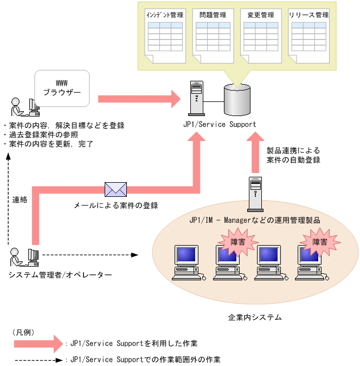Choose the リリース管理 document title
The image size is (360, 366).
(x=308, y=15)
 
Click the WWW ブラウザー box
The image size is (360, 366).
(x=61, y=88)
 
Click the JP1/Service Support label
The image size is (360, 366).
(x=219, y=125)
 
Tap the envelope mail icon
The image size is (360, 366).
(x=115, y=189)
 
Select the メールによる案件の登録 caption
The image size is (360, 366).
(x=115, y=206)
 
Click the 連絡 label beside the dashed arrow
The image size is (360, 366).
(x=20, y=199)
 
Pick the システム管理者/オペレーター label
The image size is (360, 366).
(x=60, y=275)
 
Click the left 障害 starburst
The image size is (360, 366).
(x=237, y=242)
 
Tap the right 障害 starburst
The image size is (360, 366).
(x=319, y=242)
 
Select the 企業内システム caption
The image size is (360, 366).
(x=255, y=317)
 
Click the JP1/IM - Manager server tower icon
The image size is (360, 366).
(x=255, y=194)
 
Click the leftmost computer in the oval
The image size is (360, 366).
(x=188, y=262)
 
